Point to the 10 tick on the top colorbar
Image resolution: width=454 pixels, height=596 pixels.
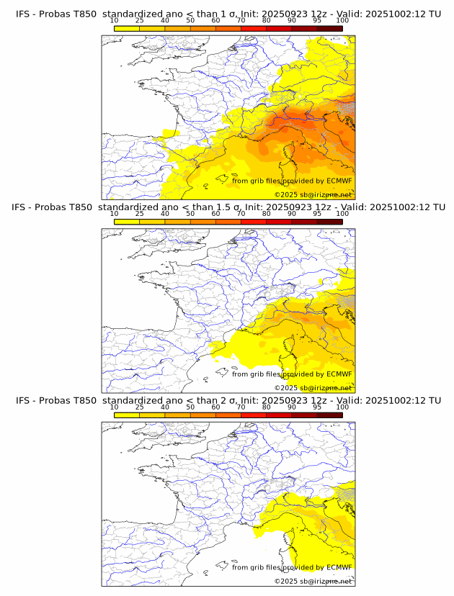tap(115, 22)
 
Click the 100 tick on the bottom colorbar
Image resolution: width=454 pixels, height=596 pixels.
tap(342, 407)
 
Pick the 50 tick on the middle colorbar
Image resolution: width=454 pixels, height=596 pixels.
tap(190, 215)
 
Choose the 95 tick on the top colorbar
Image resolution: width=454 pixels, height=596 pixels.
tap(317, 22)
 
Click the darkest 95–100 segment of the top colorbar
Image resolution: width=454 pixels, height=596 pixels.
tap(330, 28)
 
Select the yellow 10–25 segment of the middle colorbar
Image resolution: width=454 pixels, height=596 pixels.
tap(127, 221)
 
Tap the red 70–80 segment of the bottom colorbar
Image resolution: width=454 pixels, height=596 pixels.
tap(254, 415)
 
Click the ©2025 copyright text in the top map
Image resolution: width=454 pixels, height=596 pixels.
tap(313, 195)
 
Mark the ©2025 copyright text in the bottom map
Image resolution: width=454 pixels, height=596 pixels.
tap(313, 581)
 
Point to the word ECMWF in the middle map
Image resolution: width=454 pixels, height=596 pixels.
tap(339, 374)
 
